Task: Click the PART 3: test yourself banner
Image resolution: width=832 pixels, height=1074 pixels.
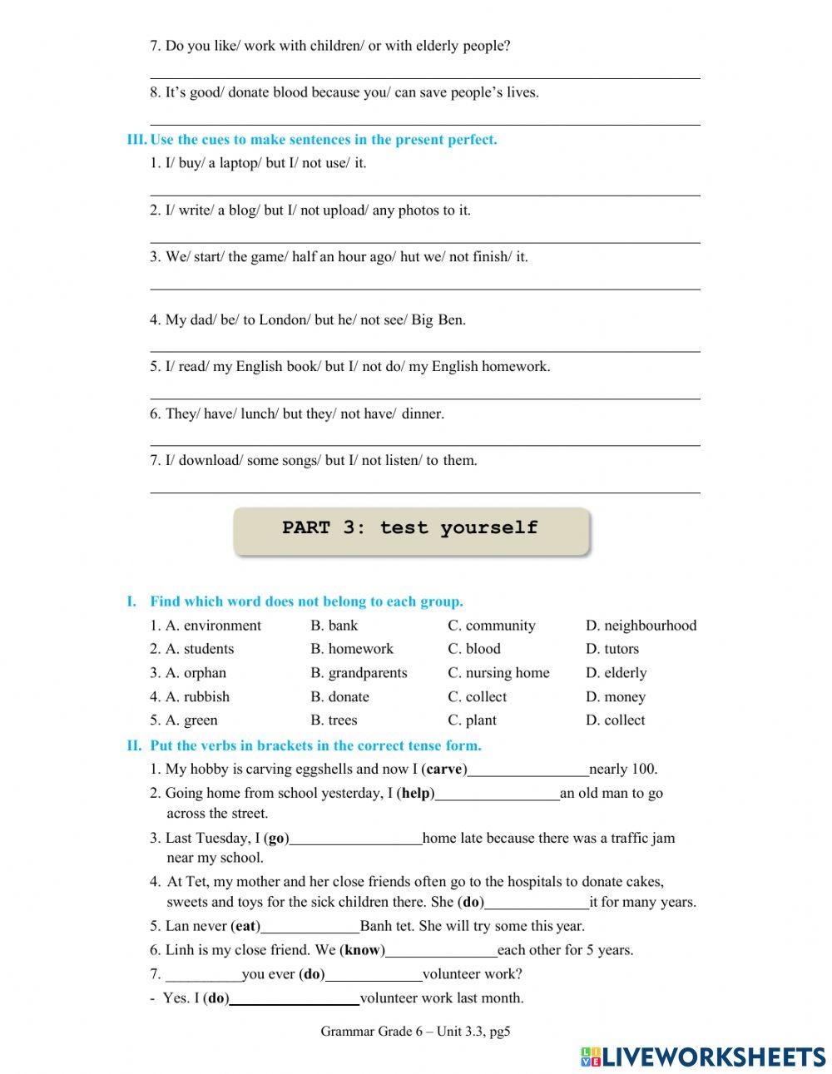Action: coord(410,529)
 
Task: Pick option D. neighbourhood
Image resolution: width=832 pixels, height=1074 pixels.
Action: coord(641,626)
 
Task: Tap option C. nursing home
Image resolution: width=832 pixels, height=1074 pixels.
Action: coord(498,673)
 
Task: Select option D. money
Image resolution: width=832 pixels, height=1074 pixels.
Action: coord(615,697)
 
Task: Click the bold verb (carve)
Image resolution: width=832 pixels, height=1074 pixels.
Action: coord(445,770)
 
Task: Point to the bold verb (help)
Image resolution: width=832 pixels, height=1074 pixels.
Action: coord(417,794)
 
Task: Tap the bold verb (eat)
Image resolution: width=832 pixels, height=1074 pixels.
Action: coord(245,926)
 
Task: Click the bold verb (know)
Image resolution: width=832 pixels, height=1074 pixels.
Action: coord(362,950)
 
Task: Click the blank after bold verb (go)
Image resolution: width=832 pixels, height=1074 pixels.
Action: coord(355,840)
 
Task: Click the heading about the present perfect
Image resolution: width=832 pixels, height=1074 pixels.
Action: coord(323,140)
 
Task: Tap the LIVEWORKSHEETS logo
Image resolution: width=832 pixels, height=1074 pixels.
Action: coord(703,1057)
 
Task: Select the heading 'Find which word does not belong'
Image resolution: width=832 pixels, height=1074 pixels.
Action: coord(306,601)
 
